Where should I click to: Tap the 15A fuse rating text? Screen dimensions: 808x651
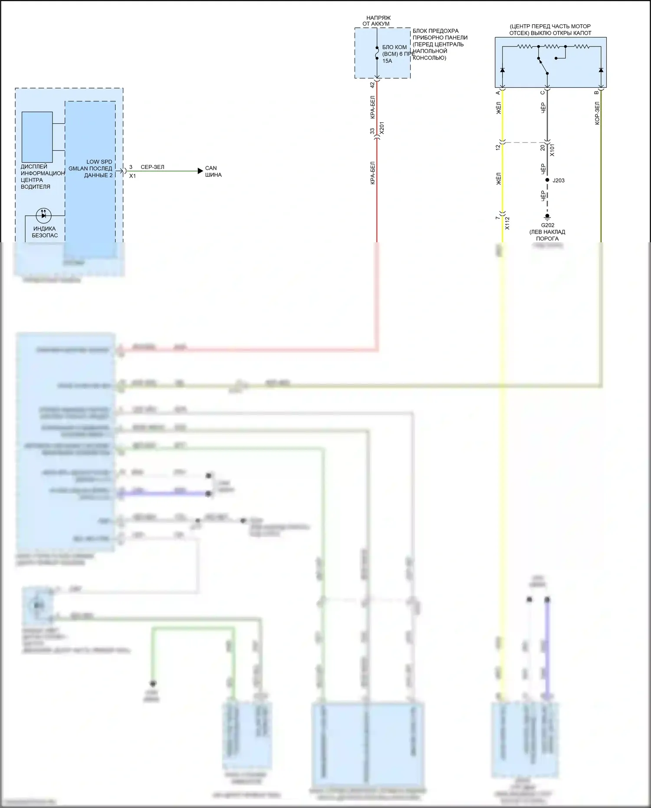click(x=387, y=61)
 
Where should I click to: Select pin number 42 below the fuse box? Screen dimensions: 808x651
click(x=372, y=85)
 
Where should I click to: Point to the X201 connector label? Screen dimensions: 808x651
click(x=381, y=128)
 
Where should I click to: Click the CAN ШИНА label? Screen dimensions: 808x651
click(x=213, y=171)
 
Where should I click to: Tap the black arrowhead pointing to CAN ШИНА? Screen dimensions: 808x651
click(x=200, y=171)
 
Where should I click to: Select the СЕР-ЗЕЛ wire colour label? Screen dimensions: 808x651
click(x=152, y=167)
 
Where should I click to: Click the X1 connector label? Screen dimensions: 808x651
click(x=132, y=176)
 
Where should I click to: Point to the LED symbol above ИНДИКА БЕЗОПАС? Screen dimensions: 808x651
click(x=43, y=215)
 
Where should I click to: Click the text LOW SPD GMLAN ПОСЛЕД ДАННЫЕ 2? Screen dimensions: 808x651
click(x=91, y=168)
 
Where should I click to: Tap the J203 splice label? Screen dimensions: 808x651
click(x=559, y=181)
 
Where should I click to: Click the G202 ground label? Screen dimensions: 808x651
click(x=547, y=225)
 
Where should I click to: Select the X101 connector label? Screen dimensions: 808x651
click(x=552, y=150)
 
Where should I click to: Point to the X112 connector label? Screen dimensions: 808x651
click(x=507, y=223)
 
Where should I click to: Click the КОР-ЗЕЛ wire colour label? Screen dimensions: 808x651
click(x=597, y=113)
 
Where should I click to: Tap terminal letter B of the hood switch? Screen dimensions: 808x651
click(x=596, y=92)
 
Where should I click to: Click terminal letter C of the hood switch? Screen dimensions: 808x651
click(x=542, y=92)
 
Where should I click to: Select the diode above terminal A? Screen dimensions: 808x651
click(x=503, y=70)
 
